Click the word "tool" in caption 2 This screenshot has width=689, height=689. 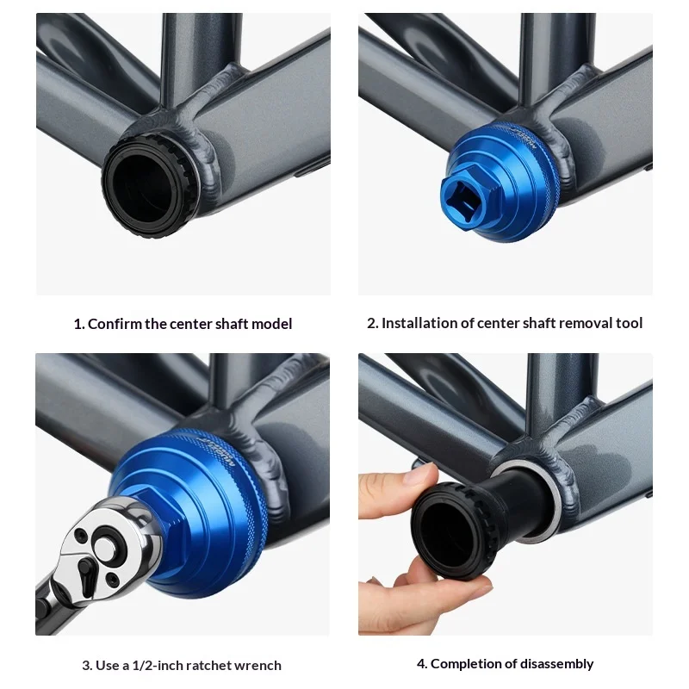pos(629,323)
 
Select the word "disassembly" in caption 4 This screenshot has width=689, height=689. pos(556,663)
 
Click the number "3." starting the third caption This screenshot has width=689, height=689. pos(87,665)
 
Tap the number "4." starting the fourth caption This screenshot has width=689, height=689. pos(422,663)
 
